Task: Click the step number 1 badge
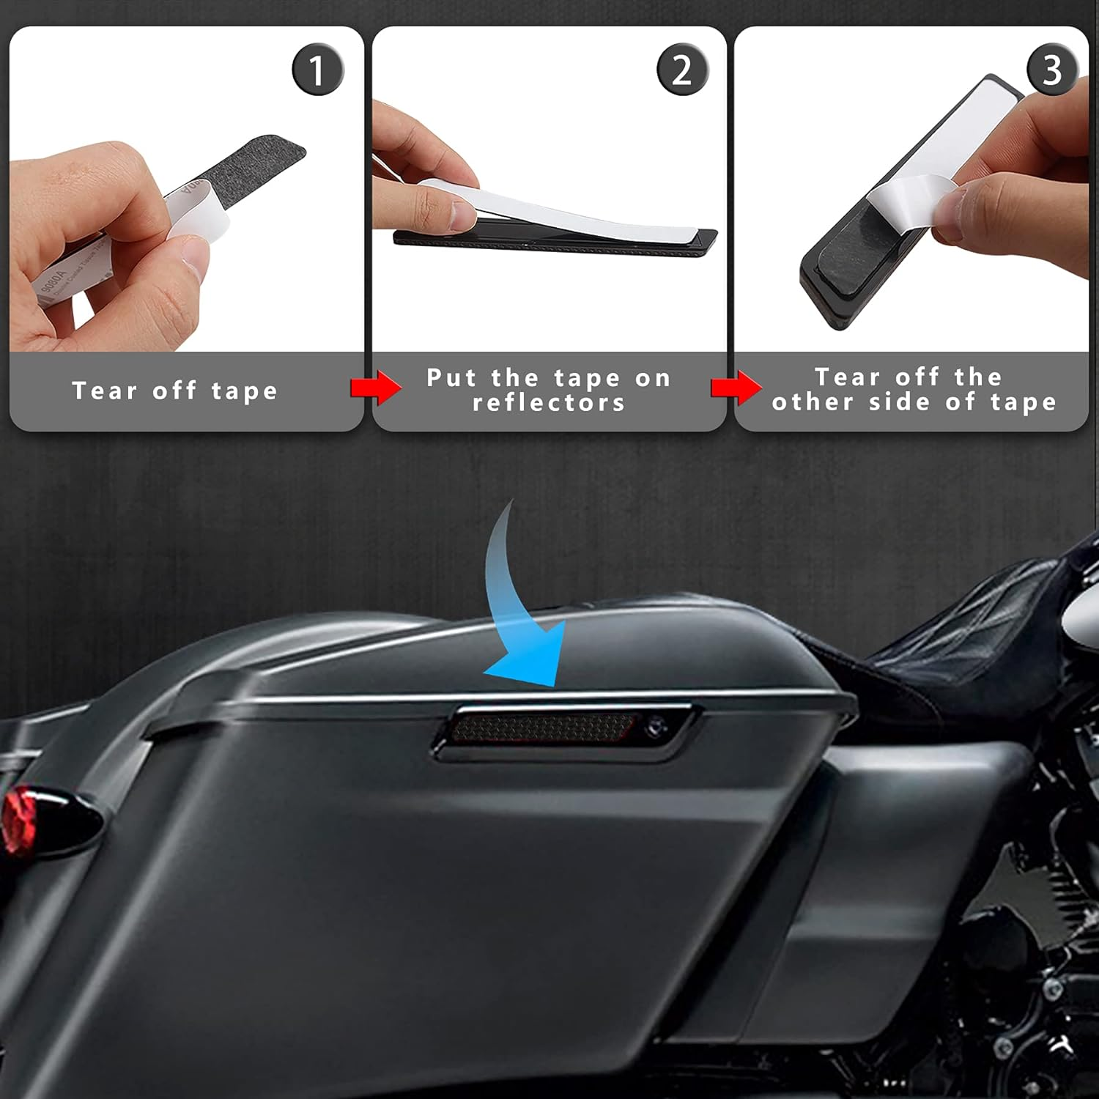click(317, 70)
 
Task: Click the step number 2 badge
click(681, 70)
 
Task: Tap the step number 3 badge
click(1051, 70)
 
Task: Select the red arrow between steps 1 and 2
click(376, 388)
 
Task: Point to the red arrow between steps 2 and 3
click(736, 388)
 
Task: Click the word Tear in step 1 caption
click(104, 391)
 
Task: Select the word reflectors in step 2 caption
click(549, 402)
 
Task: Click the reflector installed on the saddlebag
click(542, 727)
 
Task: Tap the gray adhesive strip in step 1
click(256, 161)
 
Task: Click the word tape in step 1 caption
click(245, 391)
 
